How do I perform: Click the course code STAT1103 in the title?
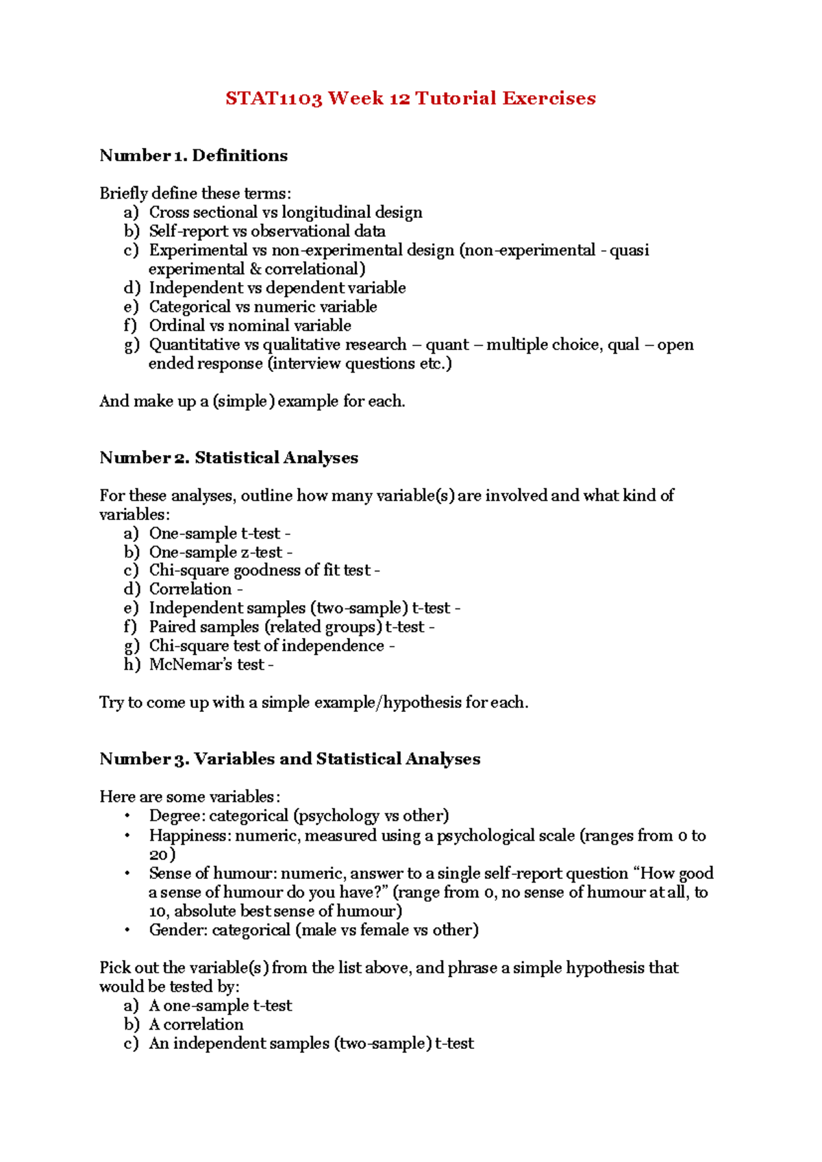(273, 99)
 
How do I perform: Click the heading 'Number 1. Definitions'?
(193, 156)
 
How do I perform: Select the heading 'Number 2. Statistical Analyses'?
(228, 458)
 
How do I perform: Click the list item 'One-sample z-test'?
(216, 552)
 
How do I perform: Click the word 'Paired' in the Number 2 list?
(170, 627)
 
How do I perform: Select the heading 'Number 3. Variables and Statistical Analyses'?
(290, 759)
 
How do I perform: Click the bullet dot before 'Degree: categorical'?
(127, 816)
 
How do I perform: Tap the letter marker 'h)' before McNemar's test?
(132, 665)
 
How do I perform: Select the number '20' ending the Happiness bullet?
(159, 855)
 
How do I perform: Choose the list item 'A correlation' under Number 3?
(196, 1024)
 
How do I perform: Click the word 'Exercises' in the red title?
(549, 99)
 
